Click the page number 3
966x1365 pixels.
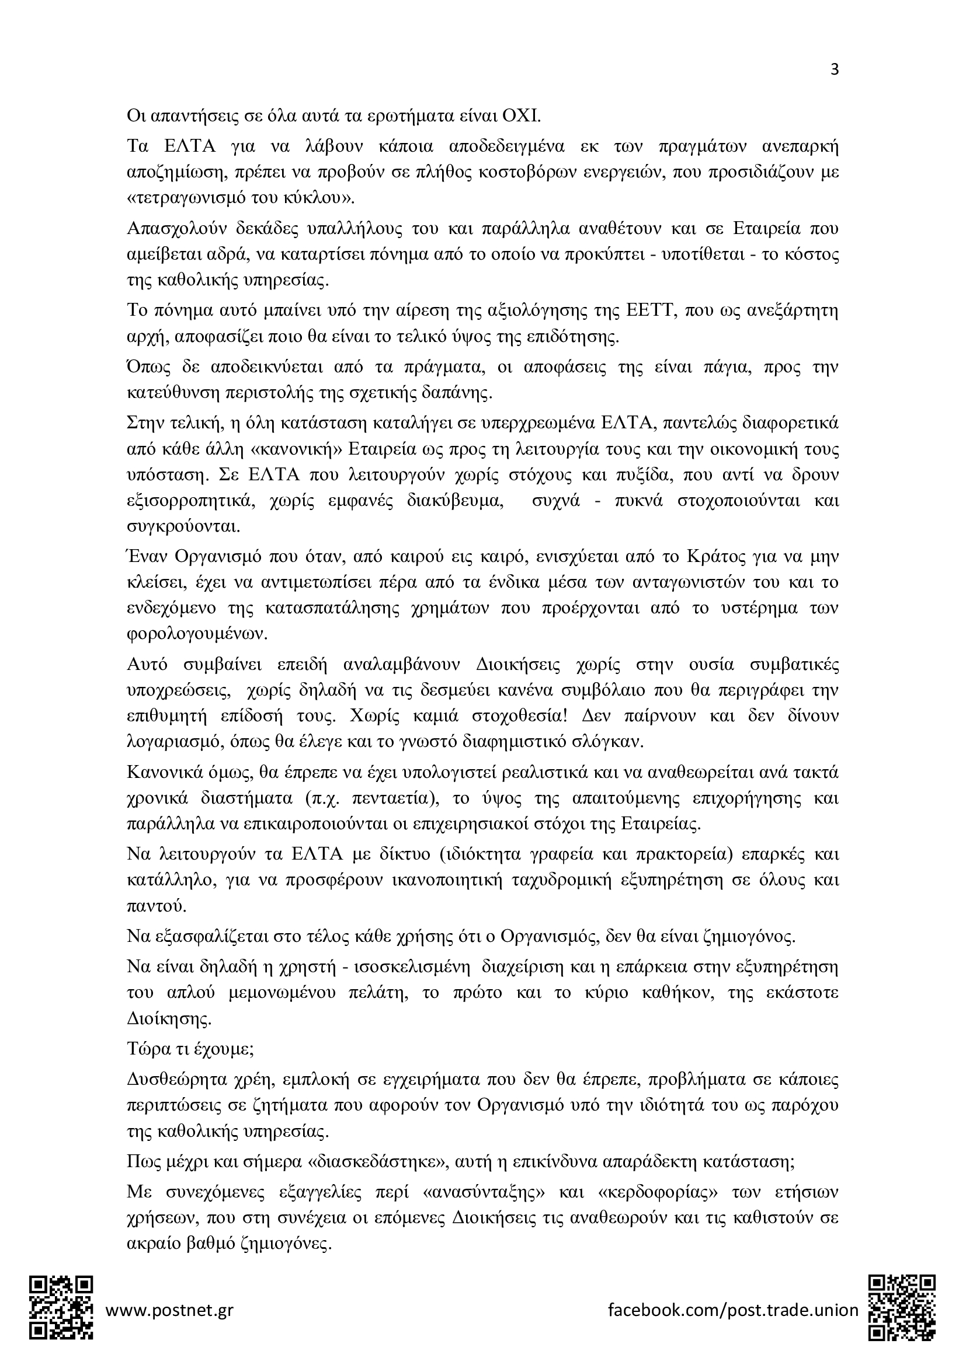[834, 70]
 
